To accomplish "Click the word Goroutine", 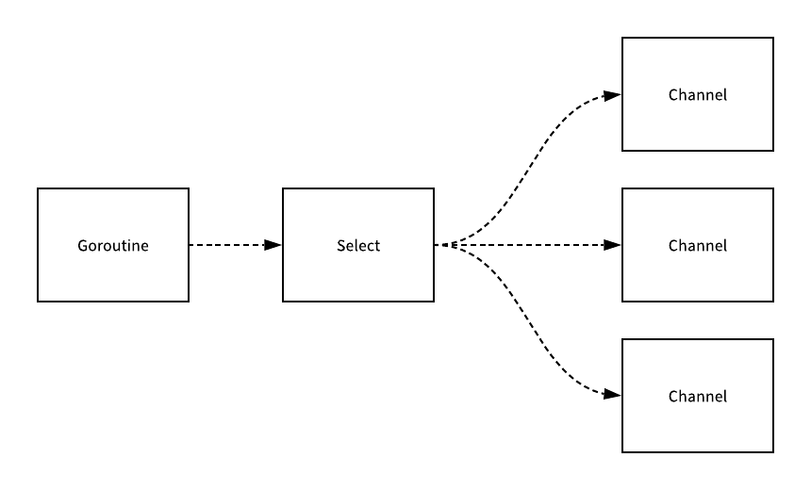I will [113, 246].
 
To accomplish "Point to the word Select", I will [358, 246].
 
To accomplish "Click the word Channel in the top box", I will [698, 95].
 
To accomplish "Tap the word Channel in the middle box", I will [698, 246].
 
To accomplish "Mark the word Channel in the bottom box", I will [698, 397].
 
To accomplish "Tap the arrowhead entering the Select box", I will [273, 245].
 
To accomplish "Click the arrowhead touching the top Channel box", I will [613, 95].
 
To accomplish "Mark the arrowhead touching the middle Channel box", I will [613, 245].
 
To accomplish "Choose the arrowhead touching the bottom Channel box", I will [613, 395].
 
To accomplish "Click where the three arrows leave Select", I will [439, 245].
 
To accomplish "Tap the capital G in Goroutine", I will [82, 246].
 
